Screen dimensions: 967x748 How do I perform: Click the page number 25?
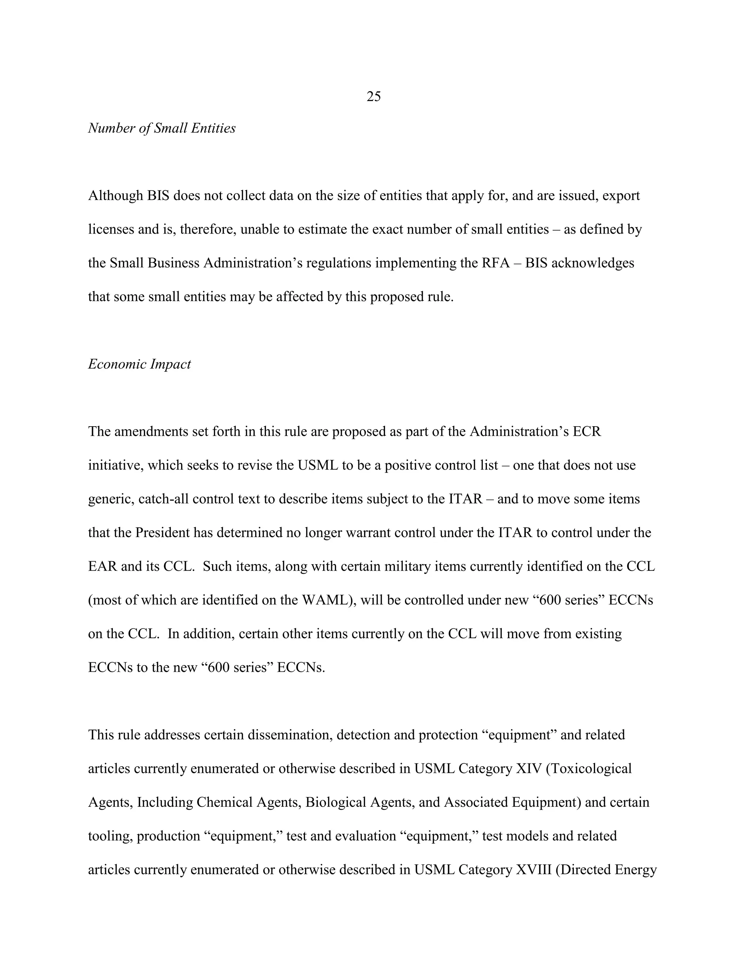374,97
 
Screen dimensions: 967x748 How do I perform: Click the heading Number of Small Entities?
162,128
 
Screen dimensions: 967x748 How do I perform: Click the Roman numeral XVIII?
534,870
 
